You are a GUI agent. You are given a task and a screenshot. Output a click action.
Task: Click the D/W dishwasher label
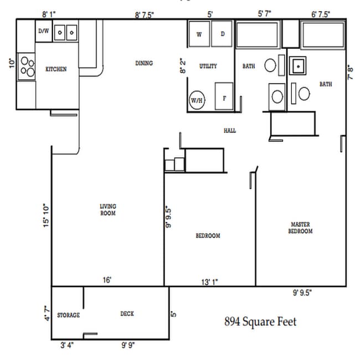tap(43, 32)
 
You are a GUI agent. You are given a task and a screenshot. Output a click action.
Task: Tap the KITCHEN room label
tap(56, 69)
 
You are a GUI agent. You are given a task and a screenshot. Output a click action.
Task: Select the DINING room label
tap(144, 63)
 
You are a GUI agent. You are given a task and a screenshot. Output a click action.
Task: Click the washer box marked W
tap(198, 34)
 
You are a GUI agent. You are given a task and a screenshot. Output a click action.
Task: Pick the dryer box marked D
tap(222, 34)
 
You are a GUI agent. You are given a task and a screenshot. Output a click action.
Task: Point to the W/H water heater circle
tap(197, 100)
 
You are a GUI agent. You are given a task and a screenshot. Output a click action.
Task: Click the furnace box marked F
tap(224, 98)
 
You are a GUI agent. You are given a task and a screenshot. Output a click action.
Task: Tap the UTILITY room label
tap(208, 66)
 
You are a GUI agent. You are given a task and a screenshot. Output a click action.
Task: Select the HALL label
tap(229, 131)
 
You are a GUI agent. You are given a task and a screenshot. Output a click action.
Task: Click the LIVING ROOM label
tap(107, 209)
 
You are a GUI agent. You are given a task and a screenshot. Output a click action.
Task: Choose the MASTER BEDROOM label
tap(301, 228)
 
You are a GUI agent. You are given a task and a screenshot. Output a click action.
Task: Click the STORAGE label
tap(68, 315)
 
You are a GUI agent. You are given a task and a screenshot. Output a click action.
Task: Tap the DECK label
tap(127, 313)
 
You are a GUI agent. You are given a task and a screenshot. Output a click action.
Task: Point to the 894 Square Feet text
tap(260, 321)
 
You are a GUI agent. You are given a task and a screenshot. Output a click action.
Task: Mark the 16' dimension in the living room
tap(107, 280)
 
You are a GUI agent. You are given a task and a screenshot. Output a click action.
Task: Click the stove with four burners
tap(26, 66)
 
